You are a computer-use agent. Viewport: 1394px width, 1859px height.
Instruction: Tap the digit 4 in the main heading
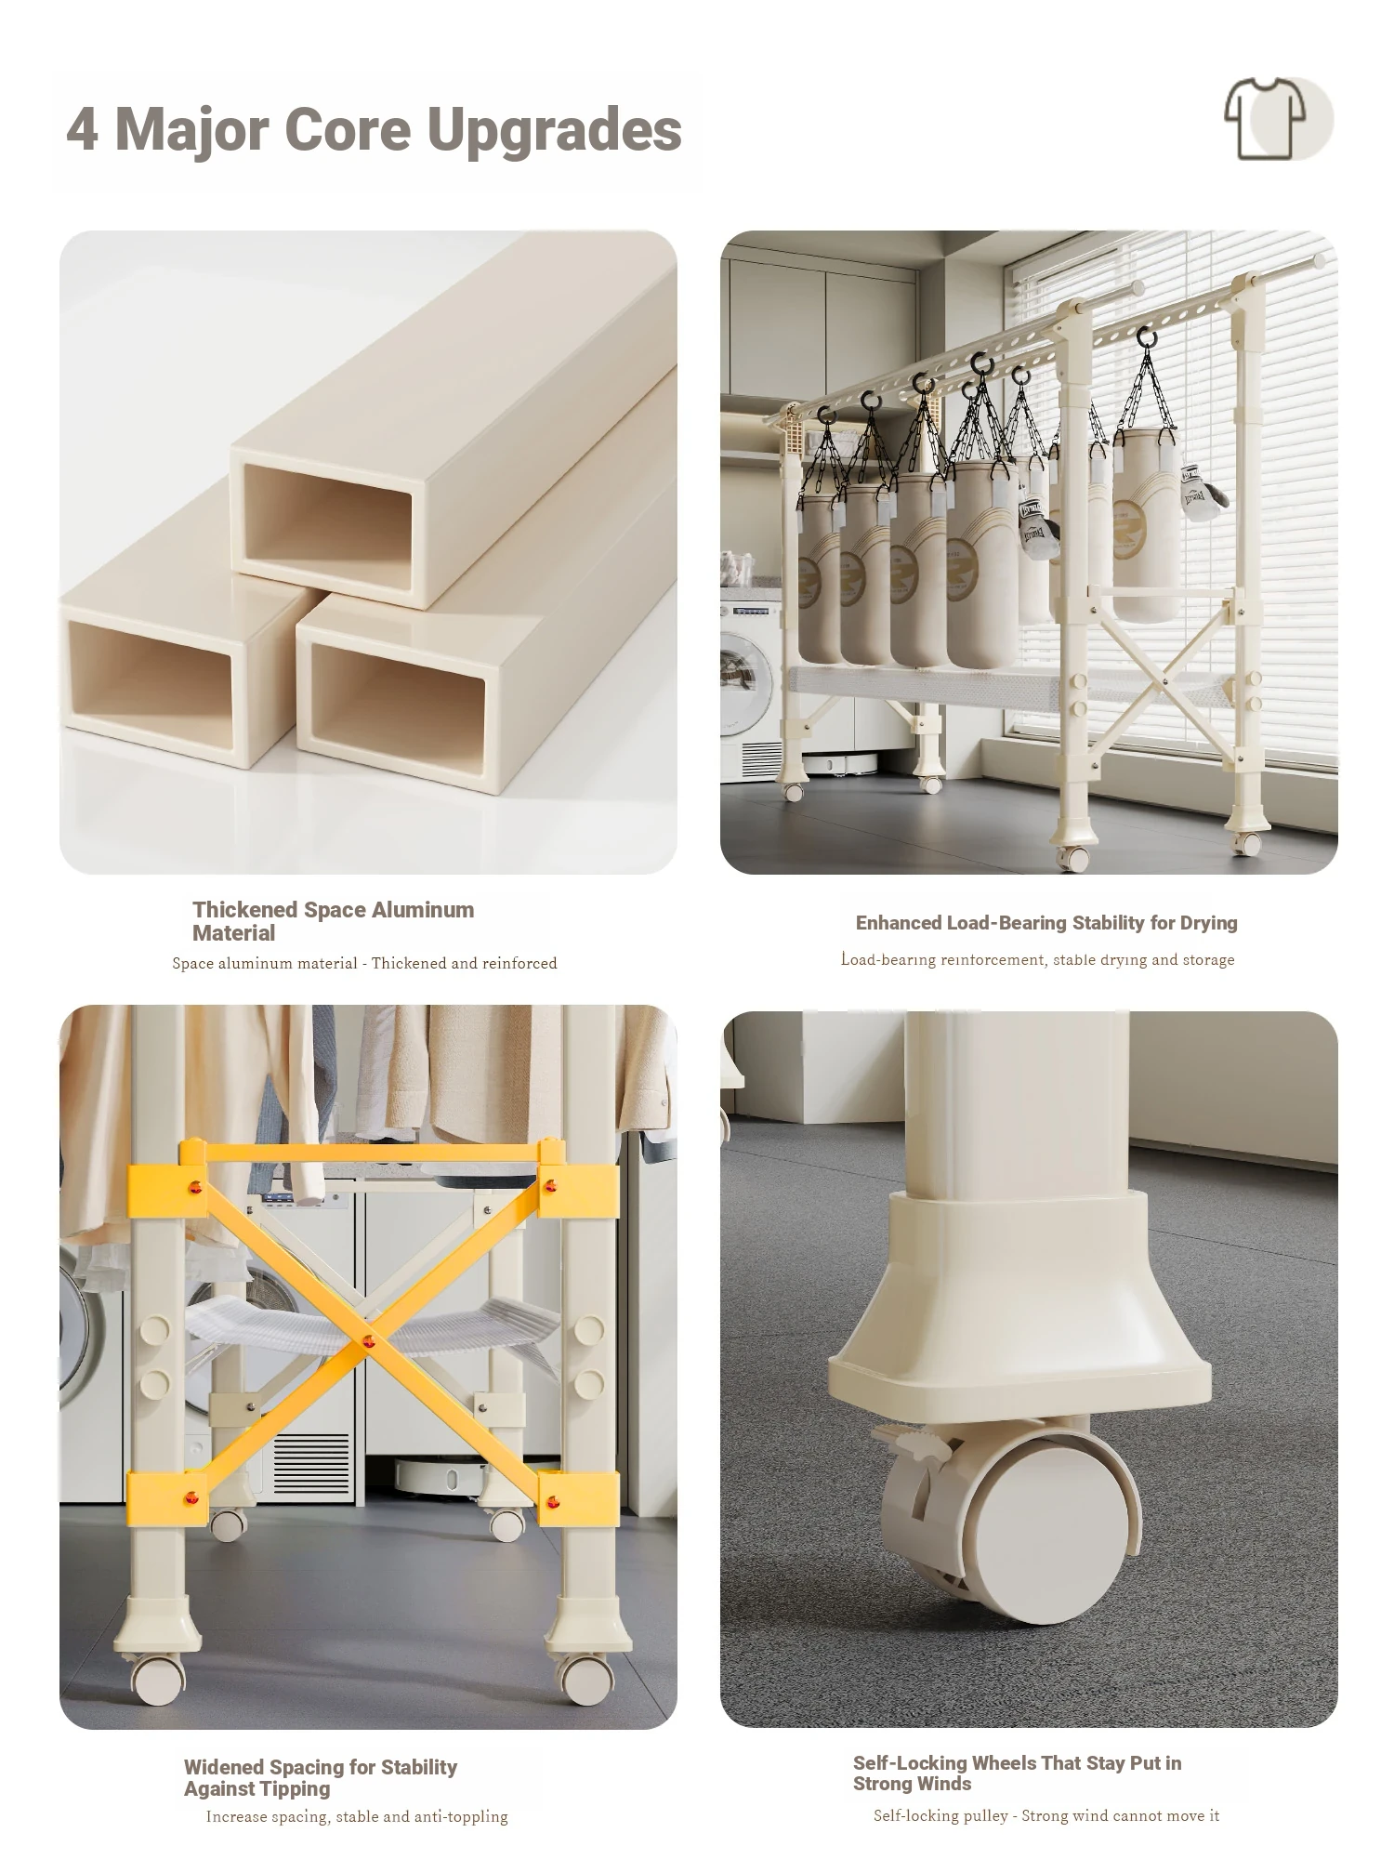pyautogui.click(x=82, y=128)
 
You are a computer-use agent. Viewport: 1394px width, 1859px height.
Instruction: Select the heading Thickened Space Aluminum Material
pyautogui.click(x=333, y=921)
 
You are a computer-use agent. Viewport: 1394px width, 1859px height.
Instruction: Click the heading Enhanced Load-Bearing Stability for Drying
pyautogui.click(x=1046, y=923)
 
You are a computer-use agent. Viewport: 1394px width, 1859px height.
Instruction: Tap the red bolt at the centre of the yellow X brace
pyautogui.click(x=368, y=1341)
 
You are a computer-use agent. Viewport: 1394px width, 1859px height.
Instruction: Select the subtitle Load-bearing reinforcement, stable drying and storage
pyautogui.click(x=1038, y=959)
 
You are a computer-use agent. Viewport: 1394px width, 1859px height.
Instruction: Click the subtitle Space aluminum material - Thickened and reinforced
pyautogui.click(x=364, y=963)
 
